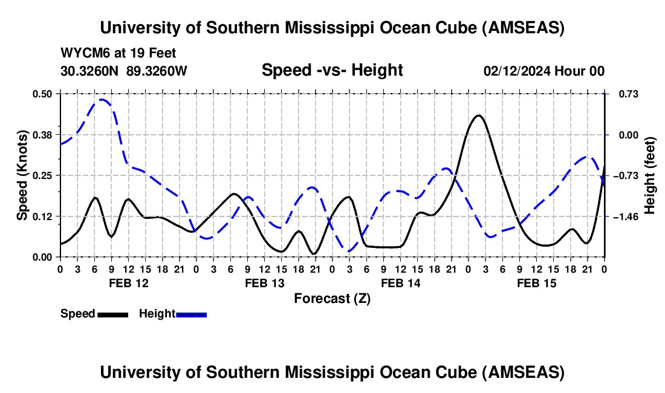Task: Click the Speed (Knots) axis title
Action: click(x=22, y=175)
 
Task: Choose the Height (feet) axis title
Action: click(x=650, y=175)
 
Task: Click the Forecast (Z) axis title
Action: click(x=332, y=298)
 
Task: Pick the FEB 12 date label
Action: click(x=128, y=283)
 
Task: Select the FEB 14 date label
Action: click(x=400, y=283)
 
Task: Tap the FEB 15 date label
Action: click(x=536, y=283)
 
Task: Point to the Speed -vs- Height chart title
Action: click(x=332, y=70)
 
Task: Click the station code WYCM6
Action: click(x=82, y=54)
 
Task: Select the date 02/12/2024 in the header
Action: click(x=517, y=71)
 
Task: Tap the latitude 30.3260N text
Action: click(x=91, y=71)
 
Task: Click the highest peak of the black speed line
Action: click(x=478, y=115)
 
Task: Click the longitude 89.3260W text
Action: click(x=157, y=71)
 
